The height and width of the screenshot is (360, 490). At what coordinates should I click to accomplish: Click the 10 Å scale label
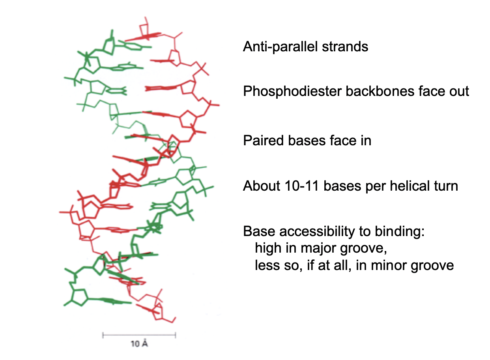pos(139,344)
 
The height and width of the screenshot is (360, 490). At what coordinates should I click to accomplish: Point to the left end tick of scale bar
pos(103,335)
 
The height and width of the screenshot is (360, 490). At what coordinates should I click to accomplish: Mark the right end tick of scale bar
pos(175,335)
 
